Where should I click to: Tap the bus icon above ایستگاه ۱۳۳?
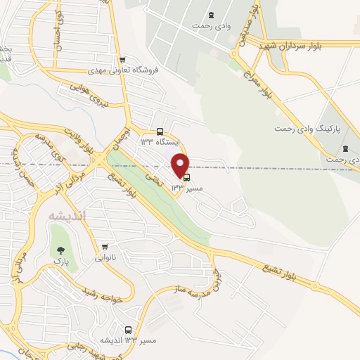click(160, 131)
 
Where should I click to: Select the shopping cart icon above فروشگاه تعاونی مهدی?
click(124, 60)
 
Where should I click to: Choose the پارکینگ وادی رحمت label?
click(304, 130)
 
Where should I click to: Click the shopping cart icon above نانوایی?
click(105, 247)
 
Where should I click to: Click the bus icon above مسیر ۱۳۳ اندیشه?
click(128, 329)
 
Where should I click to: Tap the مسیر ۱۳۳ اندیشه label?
click(127, 340)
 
